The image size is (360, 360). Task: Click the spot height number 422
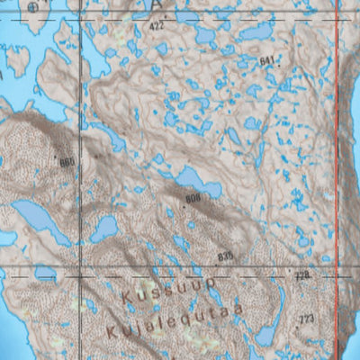pyautogui.click(x=158, y=28)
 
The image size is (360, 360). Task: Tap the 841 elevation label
pyautogui.click(x=266, y=60)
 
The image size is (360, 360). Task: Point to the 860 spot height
pyautogui.click(x=67, y=162)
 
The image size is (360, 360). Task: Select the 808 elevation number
pyautogui.click(x=193, y=198)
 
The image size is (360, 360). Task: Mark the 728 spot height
pyautogui.click(x=302, y=274)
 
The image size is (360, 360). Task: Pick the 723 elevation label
pyautogui.click(x=307, y=319)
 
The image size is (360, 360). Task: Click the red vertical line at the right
pyautogui.click(x=337, y=180)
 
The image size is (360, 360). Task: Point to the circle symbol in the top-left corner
pyautogui.click(x=33, y=6)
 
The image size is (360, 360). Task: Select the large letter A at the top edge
pyautogui.click(x=159, y=5)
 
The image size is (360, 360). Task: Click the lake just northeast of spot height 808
pyautogui.click(x=199, y=181)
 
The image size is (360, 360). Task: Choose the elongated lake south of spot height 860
pyautogui.click(x=40, y=220)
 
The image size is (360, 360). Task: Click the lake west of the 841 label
pyautogui.click(x=256, y=32)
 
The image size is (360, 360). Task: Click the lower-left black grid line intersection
pyautogui.click(x=82, y=270)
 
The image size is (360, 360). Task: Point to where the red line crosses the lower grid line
pyautogui.click(x=337, y=270)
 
